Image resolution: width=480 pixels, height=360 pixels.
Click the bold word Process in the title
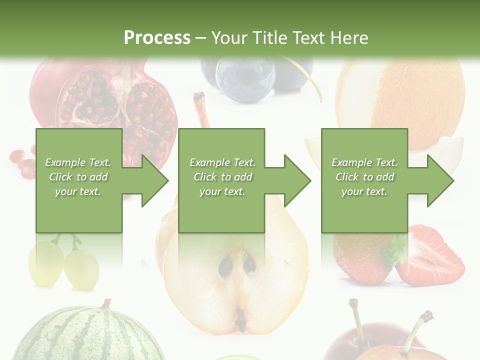click(157, 38)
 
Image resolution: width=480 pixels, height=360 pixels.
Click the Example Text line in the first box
click(78, 162)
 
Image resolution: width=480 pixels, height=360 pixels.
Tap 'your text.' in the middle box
click(222, 191)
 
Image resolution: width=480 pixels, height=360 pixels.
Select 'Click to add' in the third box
click(364, 177)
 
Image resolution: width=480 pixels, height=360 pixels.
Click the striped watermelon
click(87, 335)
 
